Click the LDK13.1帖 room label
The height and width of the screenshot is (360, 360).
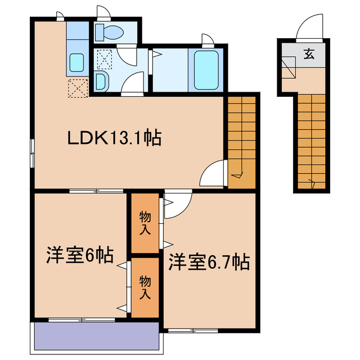[115, 138]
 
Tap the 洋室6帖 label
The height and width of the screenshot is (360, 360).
[79, 256]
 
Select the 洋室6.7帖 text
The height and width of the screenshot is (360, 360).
[209, 262]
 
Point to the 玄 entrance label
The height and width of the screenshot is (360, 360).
[309, 54]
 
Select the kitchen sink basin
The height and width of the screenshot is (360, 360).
[76, 63]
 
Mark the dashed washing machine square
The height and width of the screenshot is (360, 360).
[105, 58]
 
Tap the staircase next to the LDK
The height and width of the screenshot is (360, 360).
[242, 141]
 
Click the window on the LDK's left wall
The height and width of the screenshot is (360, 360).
[31, 151]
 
